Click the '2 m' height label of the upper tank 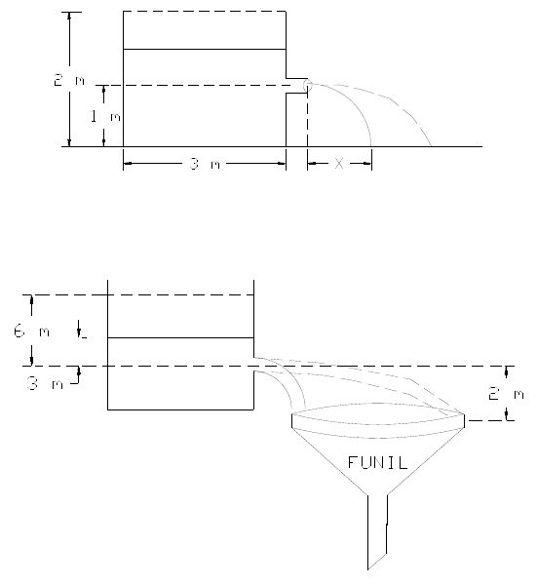69,80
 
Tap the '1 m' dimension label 106,117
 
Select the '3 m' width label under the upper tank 205,164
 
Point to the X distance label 339,164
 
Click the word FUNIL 377,462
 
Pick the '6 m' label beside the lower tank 32,331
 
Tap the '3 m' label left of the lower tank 45,383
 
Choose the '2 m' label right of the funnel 507,394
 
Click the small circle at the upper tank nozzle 307,86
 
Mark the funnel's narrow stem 377,531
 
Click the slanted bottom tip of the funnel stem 368,569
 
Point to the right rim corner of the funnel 464,414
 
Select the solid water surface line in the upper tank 205,49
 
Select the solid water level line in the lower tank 181,337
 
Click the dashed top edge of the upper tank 205,12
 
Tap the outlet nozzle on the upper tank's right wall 297,86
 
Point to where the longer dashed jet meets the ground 432,146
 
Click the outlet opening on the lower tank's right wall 254,364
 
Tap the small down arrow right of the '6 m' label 80,329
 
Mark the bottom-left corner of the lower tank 108,409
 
